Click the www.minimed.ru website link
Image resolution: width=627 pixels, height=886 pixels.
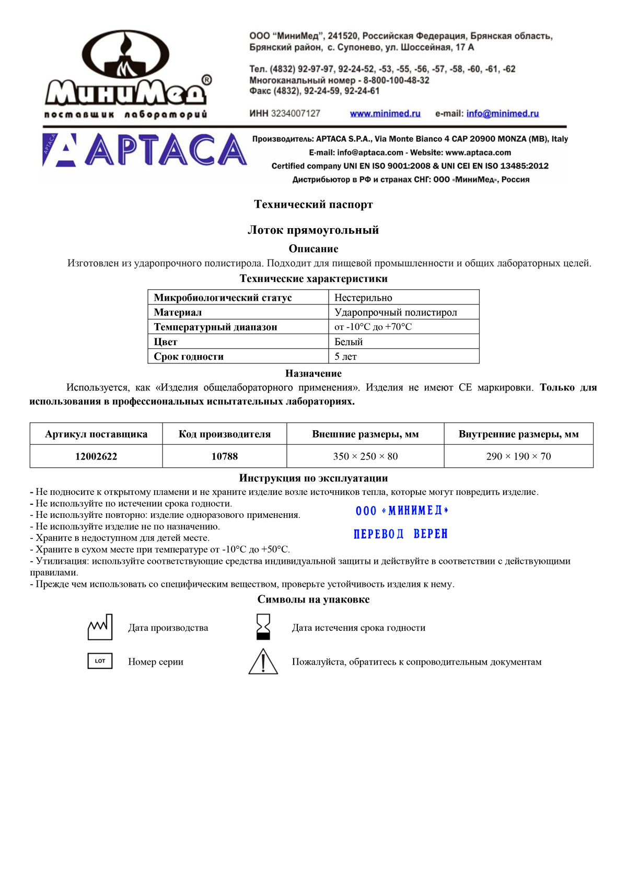pos(385,113)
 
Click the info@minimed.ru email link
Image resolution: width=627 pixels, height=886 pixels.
pos(502,113)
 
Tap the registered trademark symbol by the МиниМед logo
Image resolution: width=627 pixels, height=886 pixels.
pos(206,80)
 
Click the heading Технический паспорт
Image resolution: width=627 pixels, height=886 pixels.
pos(313,204)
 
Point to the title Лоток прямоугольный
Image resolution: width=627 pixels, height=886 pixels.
pos(313,230)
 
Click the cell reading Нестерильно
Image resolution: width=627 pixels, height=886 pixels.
pos(363,298)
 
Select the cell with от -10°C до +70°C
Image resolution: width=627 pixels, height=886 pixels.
pos(373,327)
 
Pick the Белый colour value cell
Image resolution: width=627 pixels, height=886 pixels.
pos(349,341)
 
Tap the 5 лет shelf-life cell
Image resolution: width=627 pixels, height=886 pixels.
pos(345,357)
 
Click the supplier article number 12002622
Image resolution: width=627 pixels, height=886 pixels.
pos(96,456)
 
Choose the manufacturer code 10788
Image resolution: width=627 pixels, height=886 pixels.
pos(225,456)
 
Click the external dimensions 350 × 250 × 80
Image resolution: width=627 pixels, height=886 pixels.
pos(365,456)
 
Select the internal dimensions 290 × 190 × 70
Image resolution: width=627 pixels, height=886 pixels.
pos(518,456)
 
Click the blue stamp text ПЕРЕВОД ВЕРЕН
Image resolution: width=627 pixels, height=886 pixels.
pos(401,534)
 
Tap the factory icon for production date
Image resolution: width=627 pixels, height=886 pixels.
pos(100,627)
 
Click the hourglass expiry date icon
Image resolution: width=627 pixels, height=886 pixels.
pos(263,627)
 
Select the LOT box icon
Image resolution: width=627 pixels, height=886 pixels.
pos(100,661)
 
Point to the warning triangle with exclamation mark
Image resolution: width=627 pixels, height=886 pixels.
pos(263,662)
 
